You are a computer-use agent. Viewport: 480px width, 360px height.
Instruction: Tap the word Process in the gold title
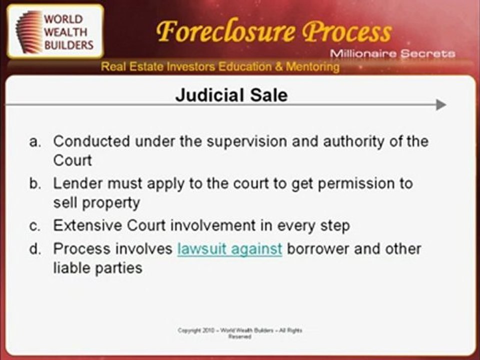pos(348,32)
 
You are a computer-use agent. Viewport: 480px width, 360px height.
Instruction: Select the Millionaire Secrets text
pos(392,53)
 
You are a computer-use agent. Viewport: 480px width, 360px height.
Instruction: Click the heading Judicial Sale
pos(231,95)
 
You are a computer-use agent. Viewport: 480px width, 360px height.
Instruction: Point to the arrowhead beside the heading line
pos(440,104)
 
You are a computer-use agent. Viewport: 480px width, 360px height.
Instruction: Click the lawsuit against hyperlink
pos(229,249)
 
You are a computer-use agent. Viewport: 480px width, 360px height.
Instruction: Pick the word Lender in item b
pos(76,183)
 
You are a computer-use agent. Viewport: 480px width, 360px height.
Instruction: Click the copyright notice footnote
pos(240,333)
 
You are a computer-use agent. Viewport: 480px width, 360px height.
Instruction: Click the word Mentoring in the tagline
pos(312,67)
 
